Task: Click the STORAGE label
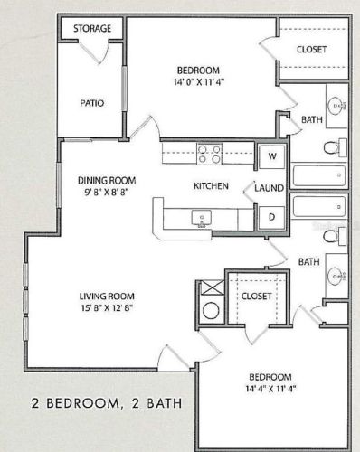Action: tap(92, 29)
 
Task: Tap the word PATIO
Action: tap(91, 103)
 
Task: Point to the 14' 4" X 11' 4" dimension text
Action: tap(268, 391)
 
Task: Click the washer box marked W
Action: tap(270, 155)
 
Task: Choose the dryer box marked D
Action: tap(270, 217)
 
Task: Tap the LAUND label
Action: tap(269, 187)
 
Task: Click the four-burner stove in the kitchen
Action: tap(210, 155)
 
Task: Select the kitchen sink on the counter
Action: tap(200, 218)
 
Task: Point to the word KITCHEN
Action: tap(210, 187)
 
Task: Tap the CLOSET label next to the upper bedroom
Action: tap(312, 50)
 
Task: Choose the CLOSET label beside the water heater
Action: tap(256, 296)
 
